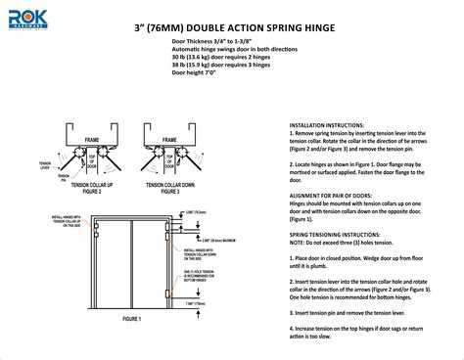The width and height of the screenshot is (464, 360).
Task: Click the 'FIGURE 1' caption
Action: tap(127, 319)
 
